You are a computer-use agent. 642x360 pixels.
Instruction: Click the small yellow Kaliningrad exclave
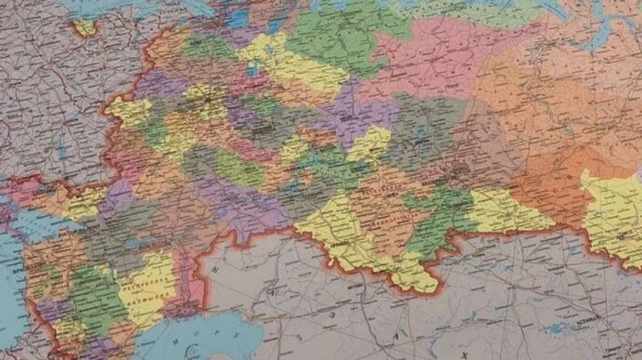[x=85, y=27]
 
